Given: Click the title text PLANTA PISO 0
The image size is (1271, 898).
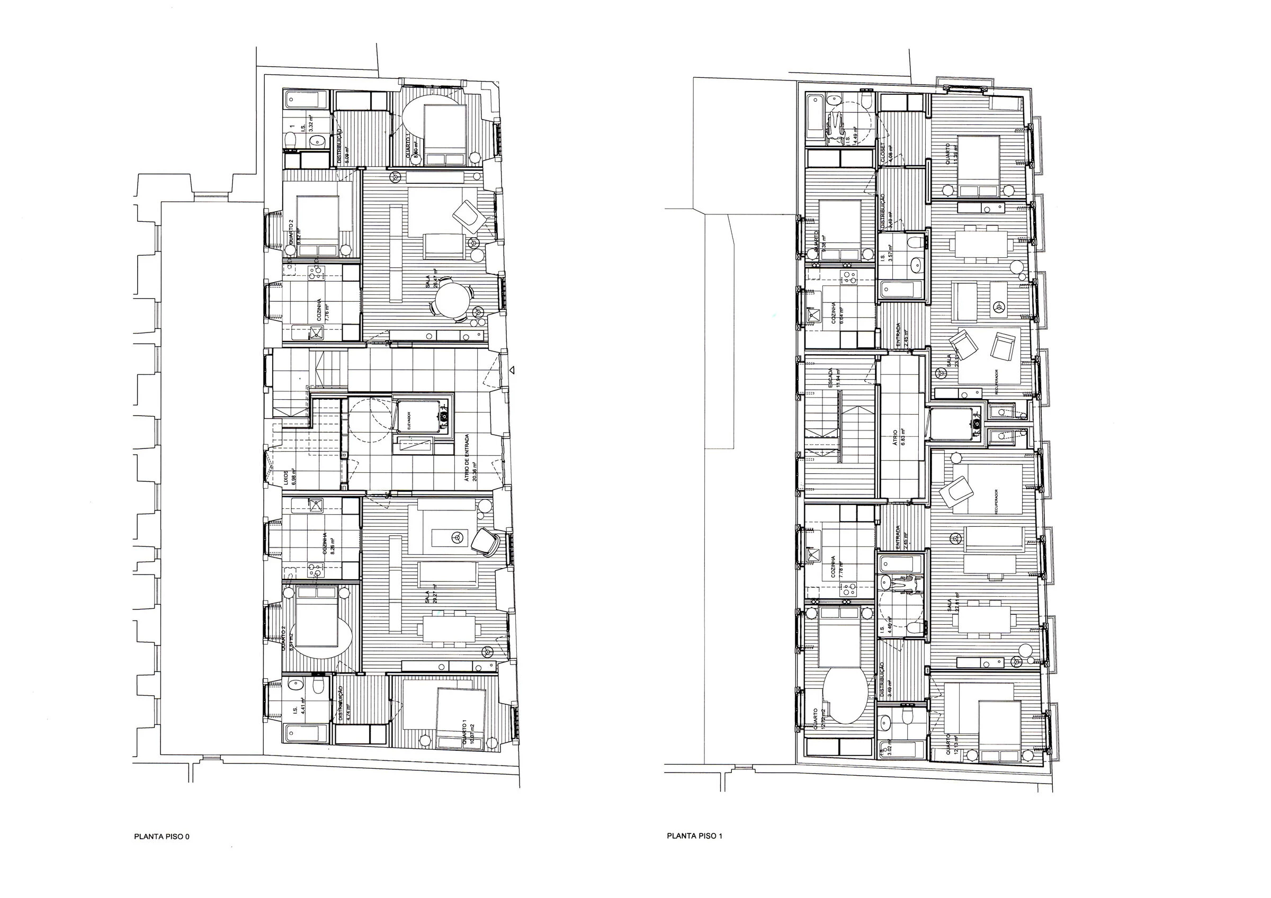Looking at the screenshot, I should tap(162, 837).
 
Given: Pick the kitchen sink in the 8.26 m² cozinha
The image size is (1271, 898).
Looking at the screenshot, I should tap(316, 505).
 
